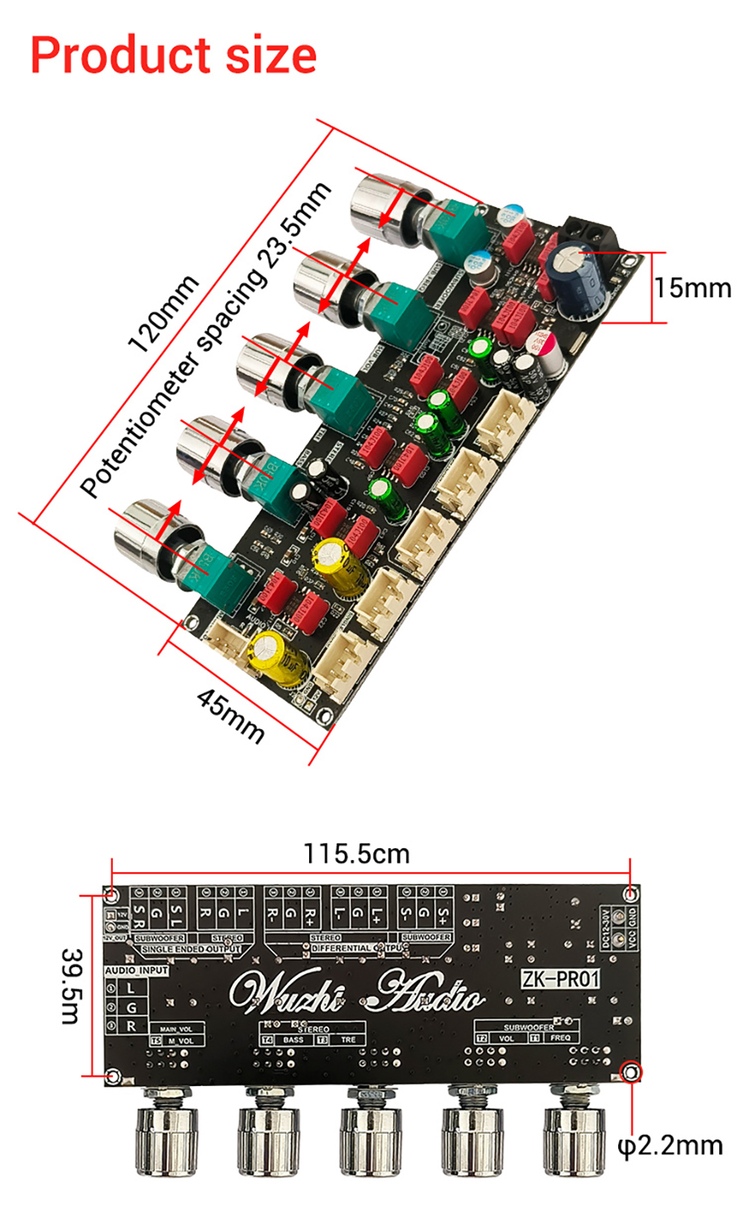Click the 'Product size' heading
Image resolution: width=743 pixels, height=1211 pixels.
pyautogui.click(x=173, y=56)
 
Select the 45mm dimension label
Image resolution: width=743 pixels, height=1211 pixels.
pyautogui.click(x=230, y=714)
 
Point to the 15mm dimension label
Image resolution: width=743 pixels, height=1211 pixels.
pyautogui.click(x=692, y=288)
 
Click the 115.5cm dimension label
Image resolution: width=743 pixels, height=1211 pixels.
pyautogui.click(x=356, y=853)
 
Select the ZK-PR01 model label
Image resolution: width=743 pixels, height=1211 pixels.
pyautogui.click(x=559, y=979)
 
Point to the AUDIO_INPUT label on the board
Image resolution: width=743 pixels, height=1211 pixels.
pyautogui.click(x=136, y=970)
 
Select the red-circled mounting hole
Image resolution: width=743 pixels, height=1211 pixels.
pyautogui.click(x=631, y=1072)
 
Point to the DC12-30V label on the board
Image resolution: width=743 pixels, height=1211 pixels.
pyautogui.click(x=606, y=927)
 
